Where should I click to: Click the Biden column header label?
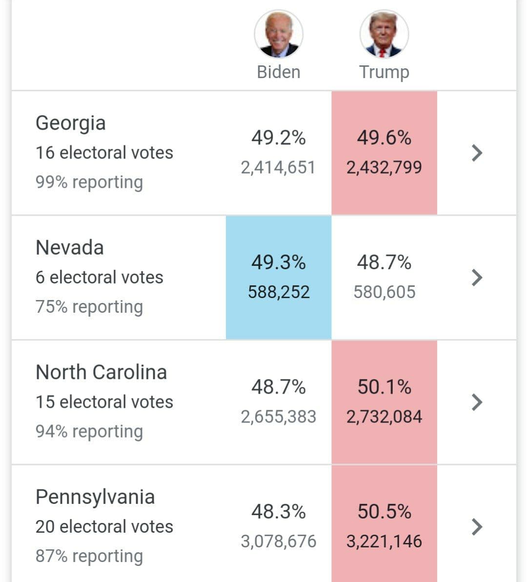pos(279,72)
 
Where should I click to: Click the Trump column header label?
pos(384,72)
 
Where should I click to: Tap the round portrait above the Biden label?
pos(279,34)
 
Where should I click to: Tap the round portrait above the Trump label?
pos(384,34)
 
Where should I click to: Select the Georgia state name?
pos(70,123)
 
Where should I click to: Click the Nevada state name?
pos(69,248)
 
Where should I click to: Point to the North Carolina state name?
pos(101,372)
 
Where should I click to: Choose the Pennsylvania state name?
pos(95,497)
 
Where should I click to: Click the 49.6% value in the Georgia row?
pos(384,138)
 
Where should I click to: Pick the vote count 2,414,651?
pos(278,168)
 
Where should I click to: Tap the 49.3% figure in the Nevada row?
pos(279,262)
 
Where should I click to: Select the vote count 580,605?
pos(385,292)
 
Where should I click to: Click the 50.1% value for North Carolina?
pos(384,387)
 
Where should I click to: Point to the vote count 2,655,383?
pos(279,417)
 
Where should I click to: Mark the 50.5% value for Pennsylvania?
pos(384,512)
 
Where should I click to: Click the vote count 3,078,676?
pos(279,542)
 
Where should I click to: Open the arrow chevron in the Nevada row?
pos(477,278)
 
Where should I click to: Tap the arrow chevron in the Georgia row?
pos(477,153)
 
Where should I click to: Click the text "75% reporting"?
pos(89,307)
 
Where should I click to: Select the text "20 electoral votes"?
pos(104,527)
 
